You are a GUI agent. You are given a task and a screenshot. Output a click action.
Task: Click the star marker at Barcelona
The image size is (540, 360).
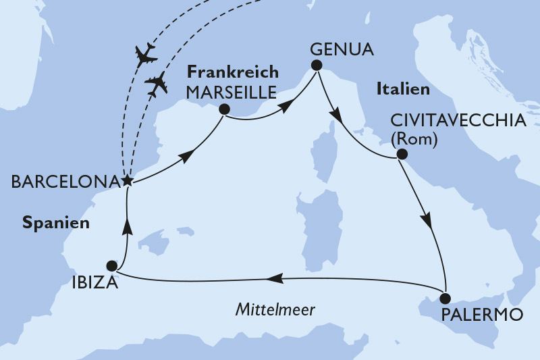pos(126,180)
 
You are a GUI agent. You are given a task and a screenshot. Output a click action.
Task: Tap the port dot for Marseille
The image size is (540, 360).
pos(224,109)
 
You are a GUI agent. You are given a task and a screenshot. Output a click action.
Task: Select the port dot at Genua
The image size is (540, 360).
pos(316,65)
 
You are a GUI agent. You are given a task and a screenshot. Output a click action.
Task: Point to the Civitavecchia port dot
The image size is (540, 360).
pos(402,154)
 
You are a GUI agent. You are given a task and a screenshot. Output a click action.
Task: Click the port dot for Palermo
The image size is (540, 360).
pos(445,297)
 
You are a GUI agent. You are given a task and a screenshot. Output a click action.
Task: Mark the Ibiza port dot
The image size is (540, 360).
pos(112,265)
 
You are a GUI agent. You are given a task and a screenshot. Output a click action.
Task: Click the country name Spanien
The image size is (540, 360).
pos(55,222)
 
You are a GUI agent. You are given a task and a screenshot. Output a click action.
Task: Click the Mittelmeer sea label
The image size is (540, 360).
pos(276,309)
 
